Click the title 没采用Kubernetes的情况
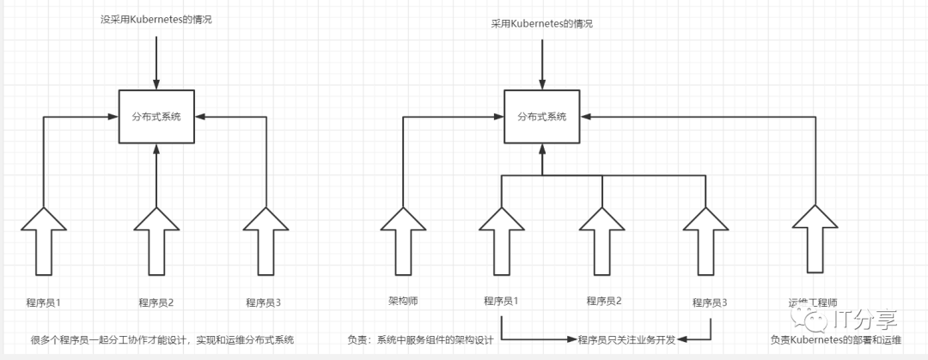point(156,19)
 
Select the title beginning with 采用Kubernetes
point(542,24)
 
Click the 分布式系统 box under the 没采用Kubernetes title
point(156,116)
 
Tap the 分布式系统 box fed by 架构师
point(542,116)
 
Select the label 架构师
point(402,302)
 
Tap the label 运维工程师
point(813,302)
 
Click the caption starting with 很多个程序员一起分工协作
point(162,339)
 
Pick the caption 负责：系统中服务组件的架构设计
point(419,339)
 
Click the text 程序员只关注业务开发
point(626,339)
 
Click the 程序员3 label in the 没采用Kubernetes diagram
point(264,302)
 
